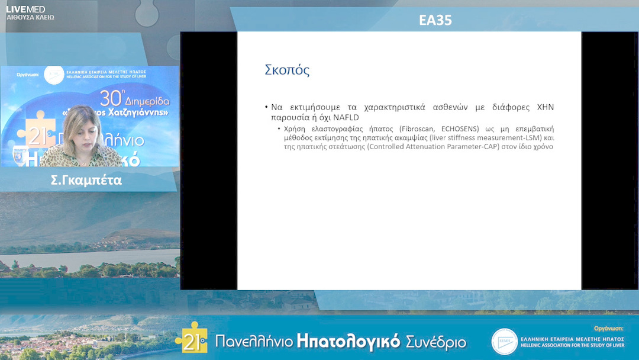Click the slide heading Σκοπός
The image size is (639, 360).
click(287, 70)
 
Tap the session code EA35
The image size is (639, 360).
click(435, 20)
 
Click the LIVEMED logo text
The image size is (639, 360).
click(25, 9)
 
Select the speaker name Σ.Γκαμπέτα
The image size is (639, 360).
click(86, 181)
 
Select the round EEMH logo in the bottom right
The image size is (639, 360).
click(504, 342)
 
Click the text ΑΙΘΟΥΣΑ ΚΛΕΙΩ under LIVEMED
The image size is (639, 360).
click(30, 18)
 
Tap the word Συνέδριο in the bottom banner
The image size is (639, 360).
click(435, 342)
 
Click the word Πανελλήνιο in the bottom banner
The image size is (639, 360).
click(253, 342)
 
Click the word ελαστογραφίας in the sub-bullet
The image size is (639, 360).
click(332, 128)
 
